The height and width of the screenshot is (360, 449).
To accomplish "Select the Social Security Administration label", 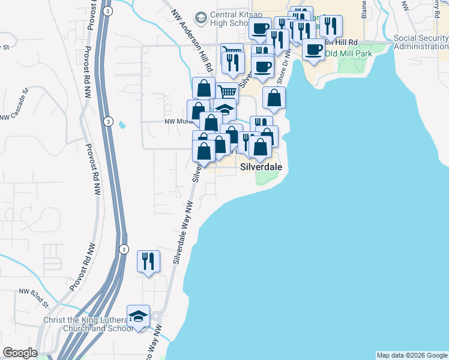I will pos(421,42).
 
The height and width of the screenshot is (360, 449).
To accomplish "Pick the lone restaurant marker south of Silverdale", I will pos(148,261).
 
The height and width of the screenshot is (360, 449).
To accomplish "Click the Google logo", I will pos(20,353).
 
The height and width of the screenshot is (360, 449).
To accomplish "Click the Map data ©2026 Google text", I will pos(411,355).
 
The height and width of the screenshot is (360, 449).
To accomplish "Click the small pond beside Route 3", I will pos(122,125).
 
